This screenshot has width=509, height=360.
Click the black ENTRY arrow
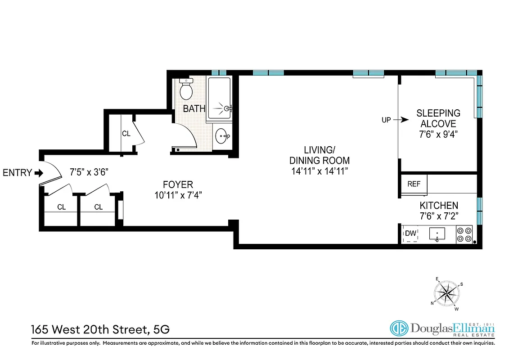click(x=39, y=173)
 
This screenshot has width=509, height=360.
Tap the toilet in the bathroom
click(x=186, y=90)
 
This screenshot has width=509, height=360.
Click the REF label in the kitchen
click(x=414, y=184)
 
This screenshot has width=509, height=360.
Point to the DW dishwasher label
click(x=410, y=233)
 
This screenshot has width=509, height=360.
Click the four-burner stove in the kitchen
click(x=464, y=234)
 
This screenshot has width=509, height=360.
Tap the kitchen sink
click(x=437, y=234)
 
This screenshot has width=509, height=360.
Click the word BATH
click(x=194, y=109)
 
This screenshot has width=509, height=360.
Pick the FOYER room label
click(x=178, y=184)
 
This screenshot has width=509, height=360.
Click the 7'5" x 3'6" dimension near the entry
click(x=89, y=172)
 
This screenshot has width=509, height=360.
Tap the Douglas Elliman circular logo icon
click(x=398, y=329)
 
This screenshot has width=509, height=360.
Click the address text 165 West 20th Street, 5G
click(x=100, y=329)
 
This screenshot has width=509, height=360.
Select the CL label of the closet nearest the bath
click(x=126, y=134)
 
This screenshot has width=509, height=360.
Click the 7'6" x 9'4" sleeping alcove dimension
click(x=438, y=134)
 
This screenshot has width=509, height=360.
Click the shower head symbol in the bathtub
click(x=227, y=108)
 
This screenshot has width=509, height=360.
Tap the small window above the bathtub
click(x=219, y=72)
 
